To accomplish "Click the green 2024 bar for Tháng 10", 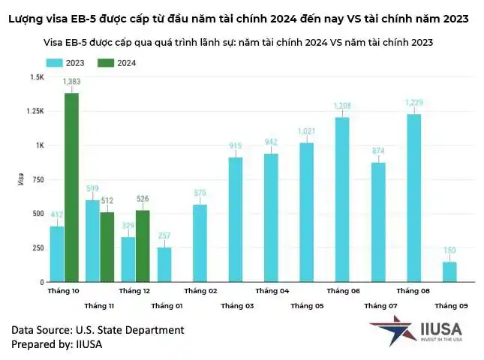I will [x=72, y=187].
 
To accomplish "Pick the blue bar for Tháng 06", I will [x=342, y=199].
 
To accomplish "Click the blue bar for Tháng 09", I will [x=449, y=271].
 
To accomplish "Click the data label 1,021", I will [x=306, y=131].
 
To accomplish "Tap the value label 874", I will [x=377, y=151].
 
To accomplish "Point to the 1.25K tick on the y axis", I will [x=35, y=111].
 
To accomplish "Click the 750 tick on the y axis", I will [x=37, y=179].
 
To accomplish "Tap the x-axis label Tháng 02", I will [x=200, y=291].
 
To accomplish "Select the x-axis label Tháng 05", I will [x=307, y=306].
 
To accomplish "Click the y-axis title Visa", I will [x=20, y=180].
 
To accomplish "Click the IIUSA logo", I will [x=415, y=330].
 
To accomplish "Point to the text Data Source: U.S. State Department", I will [x=98, y=330].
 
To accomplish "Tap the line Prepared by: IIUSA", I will [x=57, y=344].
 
